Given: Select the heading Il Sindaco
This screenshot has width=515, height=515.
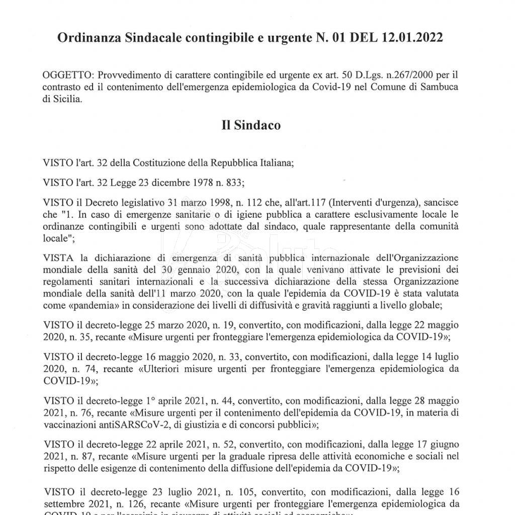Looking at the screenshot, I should click(x=251, y=125).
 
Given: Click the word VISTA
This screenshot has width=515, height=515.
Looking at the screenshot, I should click(x=58, y=260).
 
